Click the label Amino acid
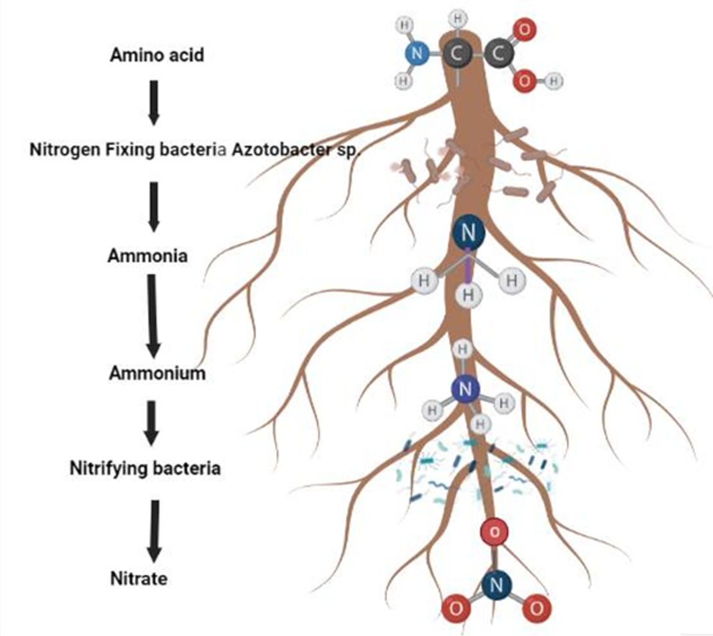pyautogui.click(x=157, y=55)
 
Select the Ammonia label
pyautogui.click(x=147, y=256)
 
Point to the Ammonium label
pyautogui.click(x=157, y=373)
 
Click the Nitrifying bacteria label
pyautogui.click(x=145, y=468)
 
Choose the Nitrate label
pyautogui.click(x=138, y=579)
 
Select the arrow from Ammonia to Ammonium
pyautogui.click(x=152, y=315)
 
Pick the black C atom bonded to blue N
pyautogui.click(x=456, y=54)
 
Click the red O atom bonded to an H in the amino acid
pyautogui.click(x=524, y=81)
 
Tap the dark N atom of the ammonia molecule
pyautogui.click(x=469, y=233)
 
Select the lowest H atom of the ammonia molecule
pyautogui.click(x=469, y=296)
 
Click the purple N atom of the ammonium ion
pyautogui.click(x=466, y=389)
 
